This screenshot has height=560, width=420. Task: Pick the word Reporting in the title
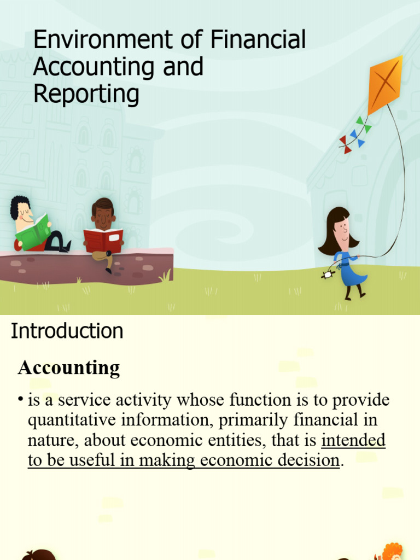pos(86,94)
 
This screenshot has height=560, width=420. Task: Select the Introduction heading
pos(67,331)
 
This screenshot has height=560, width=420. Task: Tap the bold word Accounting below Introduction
pos(69,367)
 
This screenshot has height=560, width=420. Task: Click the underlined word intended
pos(353,440)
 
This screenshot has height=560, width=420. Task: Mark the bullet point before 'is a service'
pos(20,400)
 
